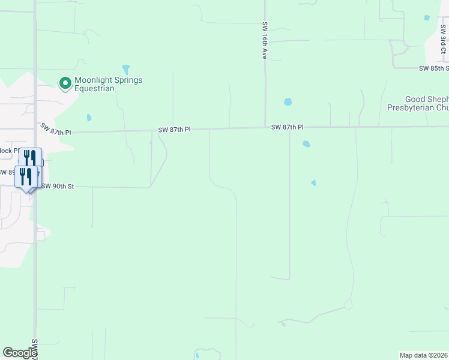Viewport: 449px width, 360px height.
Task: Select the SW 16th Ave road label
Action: click(264, 41)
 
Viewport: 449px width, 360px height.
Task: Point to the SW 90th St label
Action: click(57, 187)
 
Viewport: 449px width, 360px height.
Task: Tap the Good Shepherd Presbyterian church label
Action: click(426, 104)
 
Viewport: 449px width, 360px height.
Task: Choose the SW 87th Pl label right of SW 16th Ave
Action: click(287, 127)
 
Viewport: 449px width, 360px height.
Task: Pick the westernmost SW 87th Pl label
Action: click(55, 128)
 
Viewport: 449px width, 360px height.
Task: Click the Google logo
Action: click(20, 353)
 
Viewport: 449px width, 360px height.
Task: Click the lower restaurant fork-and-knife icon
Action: click(26, 176)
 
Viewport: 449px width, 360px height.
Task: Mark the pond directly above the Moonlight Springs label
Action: click(126, 69)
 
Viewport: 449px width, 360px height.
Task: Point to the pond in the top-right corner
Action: click(427, 18)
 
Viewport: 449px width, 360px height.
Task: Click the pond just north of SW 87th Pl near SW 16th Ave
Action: click(288, 102)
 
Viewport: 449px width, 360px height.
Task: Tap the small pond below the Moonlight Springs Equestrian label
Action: click(89, 118)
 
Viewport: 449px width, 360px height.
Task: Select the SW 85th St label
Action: click(433, 68)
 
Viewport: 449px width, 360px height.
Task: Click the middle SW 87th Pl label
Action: click(174, 130)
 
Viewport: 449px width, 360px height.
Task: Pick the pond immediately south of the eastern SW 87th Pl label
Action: click(307, 144)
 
